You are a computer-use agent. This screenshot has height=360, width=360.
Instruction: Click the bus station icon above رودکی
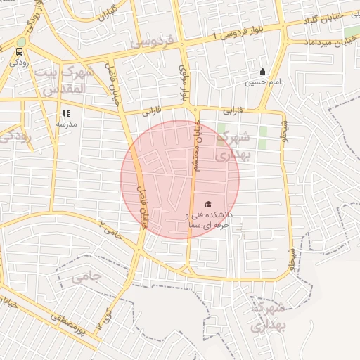pos(19,51)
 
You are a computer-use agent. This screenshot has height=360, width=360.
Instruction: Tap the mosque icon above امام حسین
pos(262,71)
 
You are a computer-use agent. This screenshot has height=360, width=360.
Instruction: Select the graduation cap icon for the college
pos(207,205)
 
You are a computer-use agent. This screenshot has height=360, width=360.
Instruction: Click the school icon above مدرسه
pos(66,112)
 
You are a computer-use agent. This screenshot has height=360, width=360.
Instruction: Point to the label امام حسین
pos(262,82)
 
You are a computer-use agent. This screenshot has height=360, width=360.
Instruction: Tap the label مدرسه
pos(66,123)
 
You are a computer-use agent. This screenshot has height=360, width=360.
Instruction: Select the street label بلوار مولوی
pos(185,83)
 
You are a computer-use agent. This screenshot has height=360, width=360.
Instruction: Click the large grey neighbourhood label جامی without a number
pos(86,276)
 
